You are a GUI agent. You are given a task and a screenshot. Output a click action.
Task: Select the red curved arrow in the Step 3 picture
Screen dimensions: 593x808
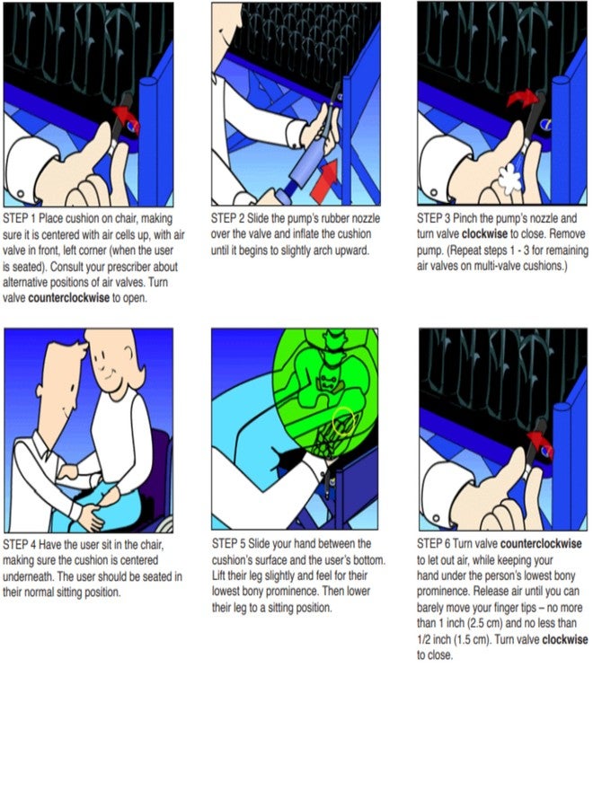(x=521, y=98)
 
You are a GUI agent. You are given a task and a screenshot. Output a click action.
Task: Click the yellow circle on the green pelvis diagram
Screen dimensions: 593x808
(x=343, y=421)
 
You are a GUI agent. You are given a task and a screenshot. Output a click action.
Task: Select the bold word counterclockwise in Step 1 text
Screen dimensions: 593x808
(x=68, y=298)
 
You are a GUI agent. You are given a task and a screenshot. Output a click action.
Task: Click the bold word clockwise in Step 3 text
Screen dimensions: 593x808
(x=484, y=234)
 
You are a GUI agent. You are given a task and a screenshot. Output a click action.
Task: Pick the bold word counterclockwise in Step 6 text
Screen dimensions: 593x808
(x=541, y=544)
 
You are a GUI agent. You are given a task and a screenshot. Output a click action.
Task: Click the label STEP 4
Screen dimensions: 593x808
(x=19, y=545)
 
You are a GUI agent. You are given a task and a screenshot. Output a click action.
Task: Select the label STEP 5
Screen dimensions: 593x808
(x=228, y=544)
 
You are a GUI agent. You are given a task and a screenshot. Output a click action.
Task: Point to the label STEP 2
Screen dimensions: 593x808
(x=227, y=218)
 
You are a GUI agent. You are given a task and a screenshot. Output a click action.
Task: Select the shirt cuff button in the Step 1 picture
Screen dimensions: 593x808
(x=21, y=194)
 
